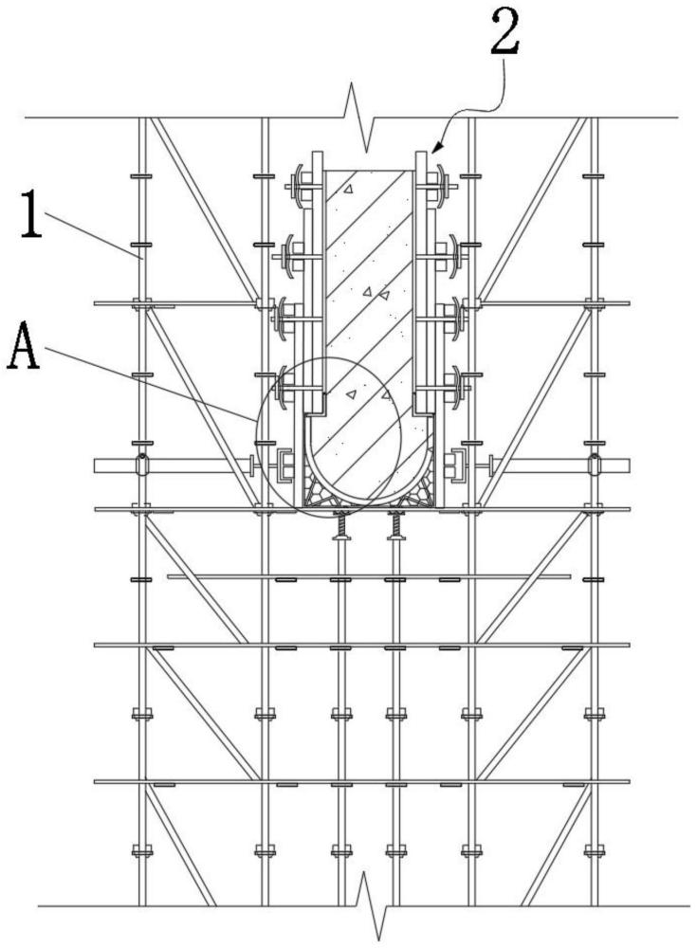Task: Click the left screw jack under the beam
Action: pyautogui.click(x=340, y=526)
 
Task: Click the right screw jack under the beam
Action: pyautogui.click(x=395, y=526)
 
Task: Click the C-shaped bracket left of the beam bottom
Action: pyautogui.click(x=284, y=467)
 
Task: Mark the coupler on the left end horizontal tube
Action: pyautogui.click(x=141, y=465)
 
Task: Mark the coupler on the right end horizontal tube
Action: pyautogui.click(x=594, y=465)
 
